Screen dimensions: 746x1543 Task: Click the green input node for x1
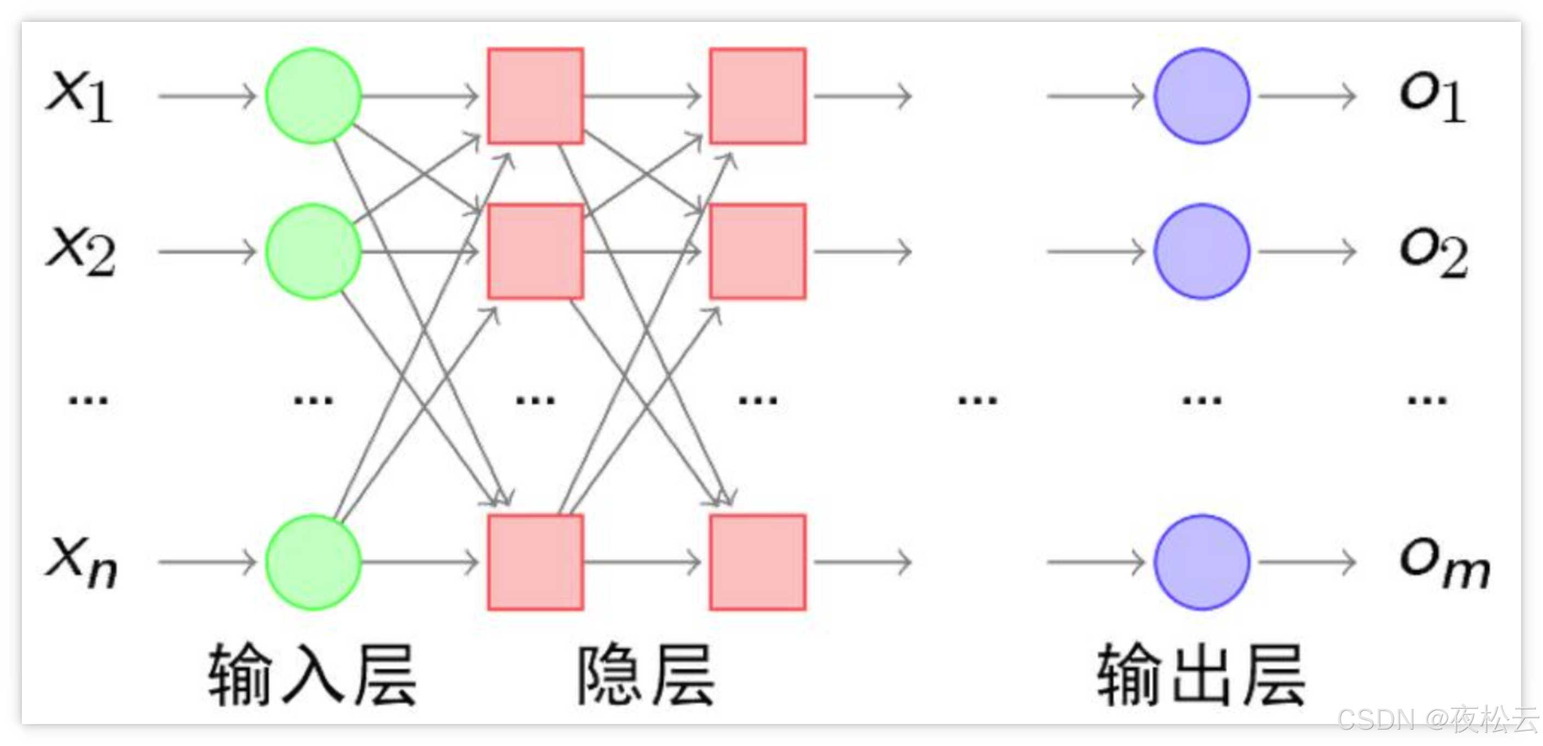pyautogui.click(x=314, y=96)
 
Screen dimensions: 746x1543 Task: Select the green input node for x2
pyautogui.click(x=314, y=252)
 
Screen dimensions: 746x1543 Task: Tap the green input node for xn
pyautogui.click(x=314, y=562)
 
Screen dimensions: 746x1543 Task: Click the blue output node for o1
pyautogui.click(x=1202, y=96)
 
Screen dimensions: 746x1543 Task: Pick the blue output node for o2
pyautogui.click(x=1202, y=252)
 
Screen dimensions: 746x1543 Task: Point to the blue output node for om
pyautogui.click(x=1202, y=562)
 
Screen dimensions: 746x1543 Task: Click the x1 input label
pyautogui.click(x=80, y=96)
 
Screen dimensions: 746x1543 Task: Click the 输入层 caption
pyautogui.click(x=312, y=675)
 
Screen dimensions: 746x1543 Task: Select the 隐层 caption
pyautogui.click(x=646, y=675)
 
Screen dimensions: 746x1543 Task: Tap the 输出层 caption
pyautogui.click(x=1201, y=675)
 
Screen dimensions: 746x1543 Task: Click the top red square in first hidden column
pyautogui.click(x=536, y=96)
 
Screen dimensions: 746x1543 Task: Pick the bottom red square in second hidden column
pyautogui.click(x=758, y=562)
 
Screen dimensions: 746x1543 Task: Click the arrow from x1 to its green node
pyautogui.click(x=207, y=96)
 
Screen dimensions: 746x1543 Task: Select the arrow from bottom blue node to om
pyautogui.click(x=1307, y=562)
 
